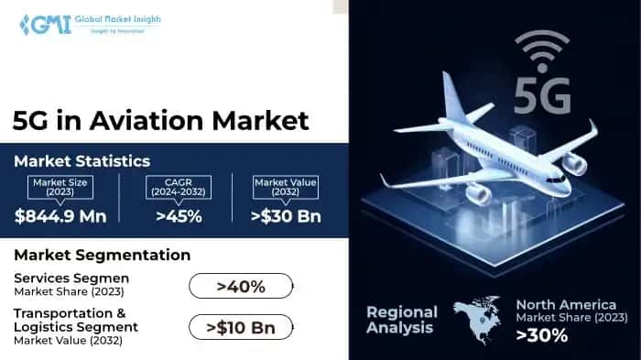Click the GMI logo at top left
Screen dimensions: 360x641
pos(41,24)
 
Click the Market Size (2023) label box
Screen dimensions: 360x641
pos(61,187)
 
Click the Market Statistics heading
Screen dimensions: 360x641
pos(81,161)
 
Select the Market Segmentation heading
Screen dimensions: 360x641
pos(102,255)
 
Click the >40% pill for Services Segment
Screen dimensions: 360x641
pos(241,287)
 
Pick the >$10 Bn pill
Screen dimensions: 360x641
pos(241,326)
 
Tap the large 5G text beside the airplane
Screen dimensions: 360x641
pos(541,95)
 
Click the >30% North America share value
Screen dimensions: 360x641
pos(542,335)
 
